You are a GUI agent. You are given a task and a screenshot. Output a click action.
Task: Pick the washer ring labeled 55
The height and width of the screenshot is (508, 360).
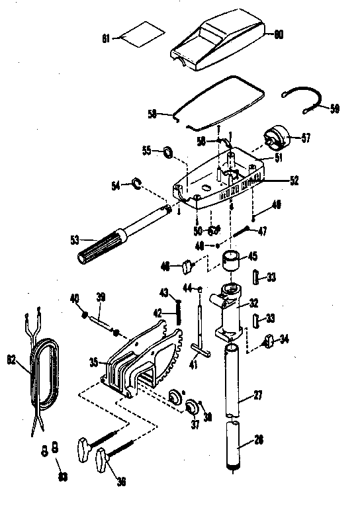(168, 153)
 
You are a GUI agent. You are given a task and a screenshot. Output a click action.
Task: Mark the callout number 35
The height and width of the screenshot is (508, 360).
(93, 362)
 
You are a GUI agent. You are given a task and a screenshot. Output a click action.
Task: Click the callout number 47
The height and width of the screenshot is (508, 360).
(262, 231)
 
